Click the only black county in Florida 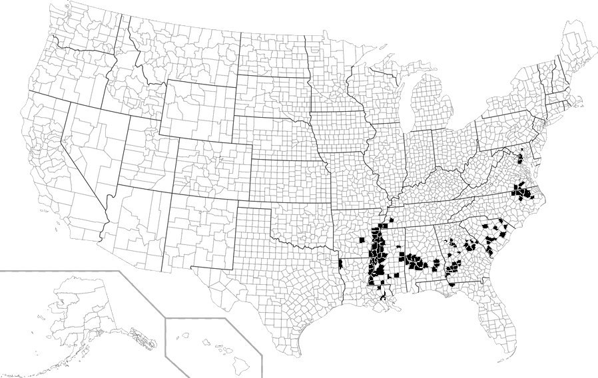pyautogui.click(x=452, y=284)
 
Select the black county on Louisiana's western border pyautogui.click(x=340, y=264)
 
